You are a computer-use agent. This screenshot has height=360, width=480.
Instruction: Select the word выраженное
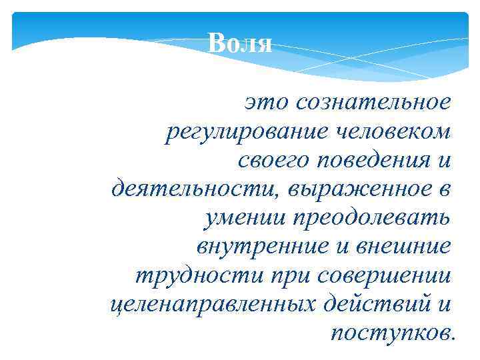359,189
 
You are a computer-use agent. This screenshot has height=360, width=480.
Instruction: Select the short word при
282,275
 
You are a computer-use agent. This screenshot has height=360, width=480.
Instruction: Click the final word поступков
392,332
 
